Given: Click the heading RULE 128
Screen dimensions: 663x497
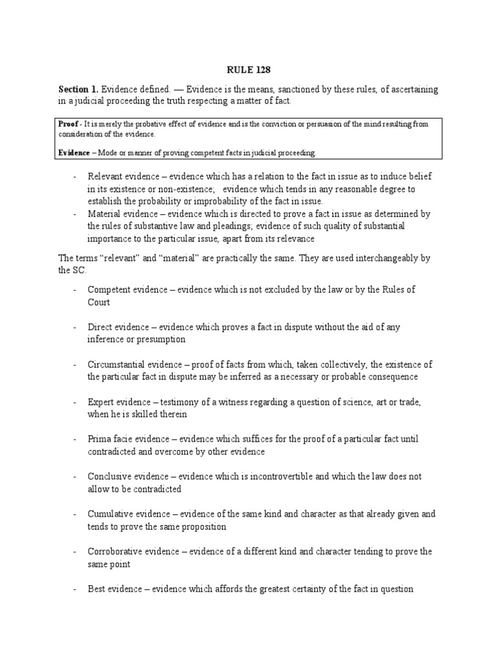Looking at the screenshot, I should [x=248, y=69].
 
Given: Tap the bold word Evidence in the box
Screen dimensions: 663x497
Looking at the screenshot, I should [x=76, y=152].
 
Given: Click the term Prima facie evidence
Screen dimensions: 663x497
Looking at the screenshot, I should [x=128, y=439].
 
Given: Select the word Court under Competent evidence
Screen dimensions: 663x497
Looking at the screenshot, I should [x=99, y=302].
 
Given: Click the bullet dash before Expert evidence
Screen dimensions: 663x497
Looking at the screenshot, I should [x=75, y=401].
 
